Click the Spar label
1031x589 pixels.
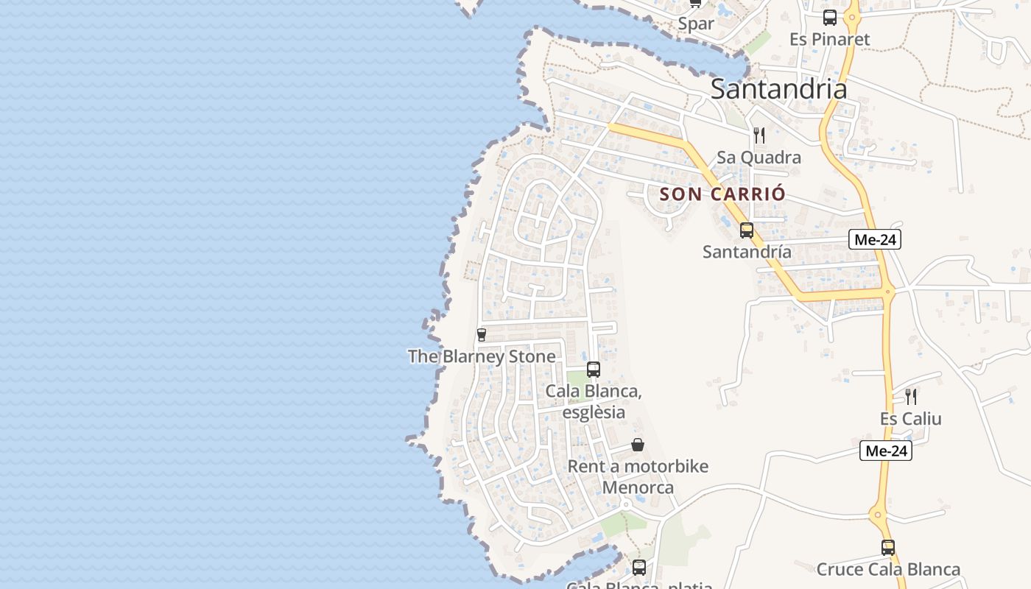coord(696,24)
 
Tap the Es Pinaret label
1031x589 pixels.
coord(829,39)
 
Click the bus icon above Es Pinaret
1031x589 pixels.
coord(830,18)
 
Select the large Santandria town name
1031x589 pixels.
coord(778,89)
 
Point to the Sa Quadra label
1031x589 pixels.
coord(759,158)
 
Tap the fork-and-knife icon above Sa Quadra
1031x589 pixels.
coord(759,135)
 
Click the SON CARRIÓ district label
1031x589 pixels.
coord(722,194)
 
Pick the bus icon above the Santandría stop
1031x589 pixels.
coord(747,230)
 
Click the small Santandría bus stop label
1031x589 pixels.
coord(747,252)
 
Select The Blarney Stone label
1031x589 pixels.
coord(482,356)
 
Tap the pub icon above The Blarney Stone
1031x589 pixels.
coord(482,335)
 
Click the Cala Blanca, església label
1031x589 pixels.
coord(594,401)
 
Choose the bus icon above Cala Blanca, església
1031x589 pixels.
coord(594,370)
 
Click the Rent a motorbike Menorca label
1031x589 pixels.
coord(638,476)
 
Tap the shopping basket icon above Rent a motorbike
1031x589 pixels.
coord(638,445)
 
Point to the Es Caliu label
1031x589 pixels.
coord(910,419)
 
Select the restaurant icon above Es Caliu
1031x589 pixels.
coord(911,397)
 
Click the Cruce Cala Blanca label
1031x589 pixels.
coord(888,569)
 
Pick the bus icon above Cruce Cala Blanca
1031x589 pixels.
coord(888,548)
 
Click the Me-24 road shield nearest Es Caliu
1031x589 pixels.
coord(885,451)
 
